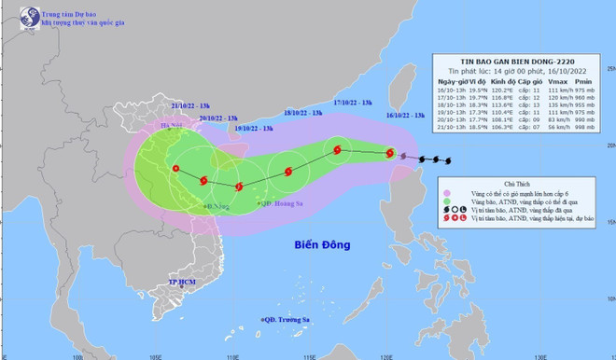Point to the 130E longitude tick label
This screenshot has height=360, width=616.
point(539,354)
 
